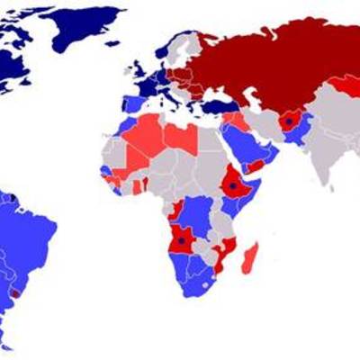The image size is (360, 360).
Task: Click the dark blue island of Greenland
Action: click(x=85, y=27)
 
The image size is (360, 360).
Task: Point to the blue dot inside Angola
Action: click(x=181, y=240)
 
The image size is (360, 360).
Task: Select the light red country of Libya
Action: click(x=183, y=139)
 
